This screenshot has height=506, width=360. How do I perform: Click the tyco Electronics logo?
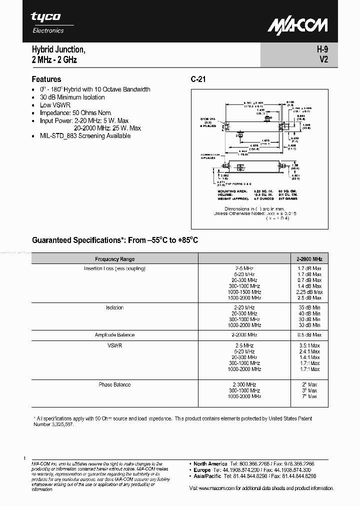pyautogui.click(x=47, y=22)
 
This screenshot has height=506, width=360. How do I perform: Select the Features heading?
pyautogui.click(x=46, y=79)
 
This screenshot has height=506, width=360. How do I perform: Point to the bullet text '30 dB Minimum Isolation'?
pyautogui.click(x=72, y=97)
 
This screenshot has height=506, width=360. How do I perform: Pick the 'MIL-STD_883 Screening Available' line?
pyautogui.click(x=85, y=135)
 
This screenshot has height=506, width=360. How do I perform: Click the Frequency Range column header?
pyautogui.click(x=114, y=259)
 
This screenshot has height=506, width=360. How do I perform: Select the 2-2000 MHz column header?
pyautogui.click(x=309, y=259)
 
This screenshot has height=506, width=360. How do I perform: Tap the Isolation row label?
pyautogui.click(x=114, y=307)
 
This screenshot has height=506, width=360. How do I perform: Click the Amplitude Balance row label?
pyautogui.click(x=114, y=335)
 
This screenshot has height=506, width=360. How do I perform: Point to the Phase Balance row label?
pyautogui.click(x=114, y=384)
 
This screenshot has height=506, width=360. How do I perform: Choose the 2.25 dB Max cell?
pyautogui.click(x=309, y=292)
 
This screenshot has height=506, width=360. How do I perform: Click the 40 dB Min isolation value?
pyautogui.click(x=309, y=313)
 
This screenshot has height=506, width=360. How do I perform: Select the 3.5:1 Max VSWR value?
pyautogui.click(x=309, y=345)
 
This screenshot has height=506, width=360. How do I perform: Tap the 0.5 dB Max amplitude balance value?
pyautogui.click(x=309, y=335)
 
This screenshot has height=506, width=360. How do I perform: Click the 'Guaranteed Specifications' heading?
pyautogui.click(x=115, y=240)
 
